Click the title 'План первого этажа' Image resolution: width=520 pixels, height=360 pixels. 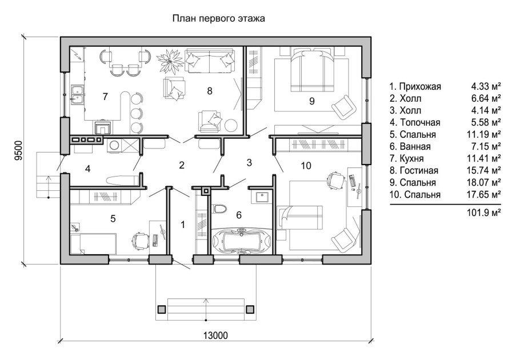218,19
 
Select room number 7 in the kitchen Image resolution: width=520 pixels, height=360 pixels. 105,97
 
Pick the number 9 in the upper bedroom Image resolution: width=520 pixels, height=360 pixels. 311,101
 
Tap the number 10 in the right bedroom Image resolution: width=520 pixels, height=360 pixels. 306,166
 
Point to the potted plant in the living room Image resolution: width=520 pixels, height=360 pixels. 170,59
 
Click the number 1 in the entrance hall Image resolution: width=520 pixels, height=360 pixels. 183,225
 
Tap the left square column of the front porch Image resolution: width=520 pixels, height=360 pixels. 161,309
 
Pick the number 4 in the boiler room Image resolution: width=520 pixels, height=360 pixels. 88,169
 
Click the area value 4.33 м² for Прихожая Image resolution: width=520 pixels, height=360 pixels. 486,86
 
